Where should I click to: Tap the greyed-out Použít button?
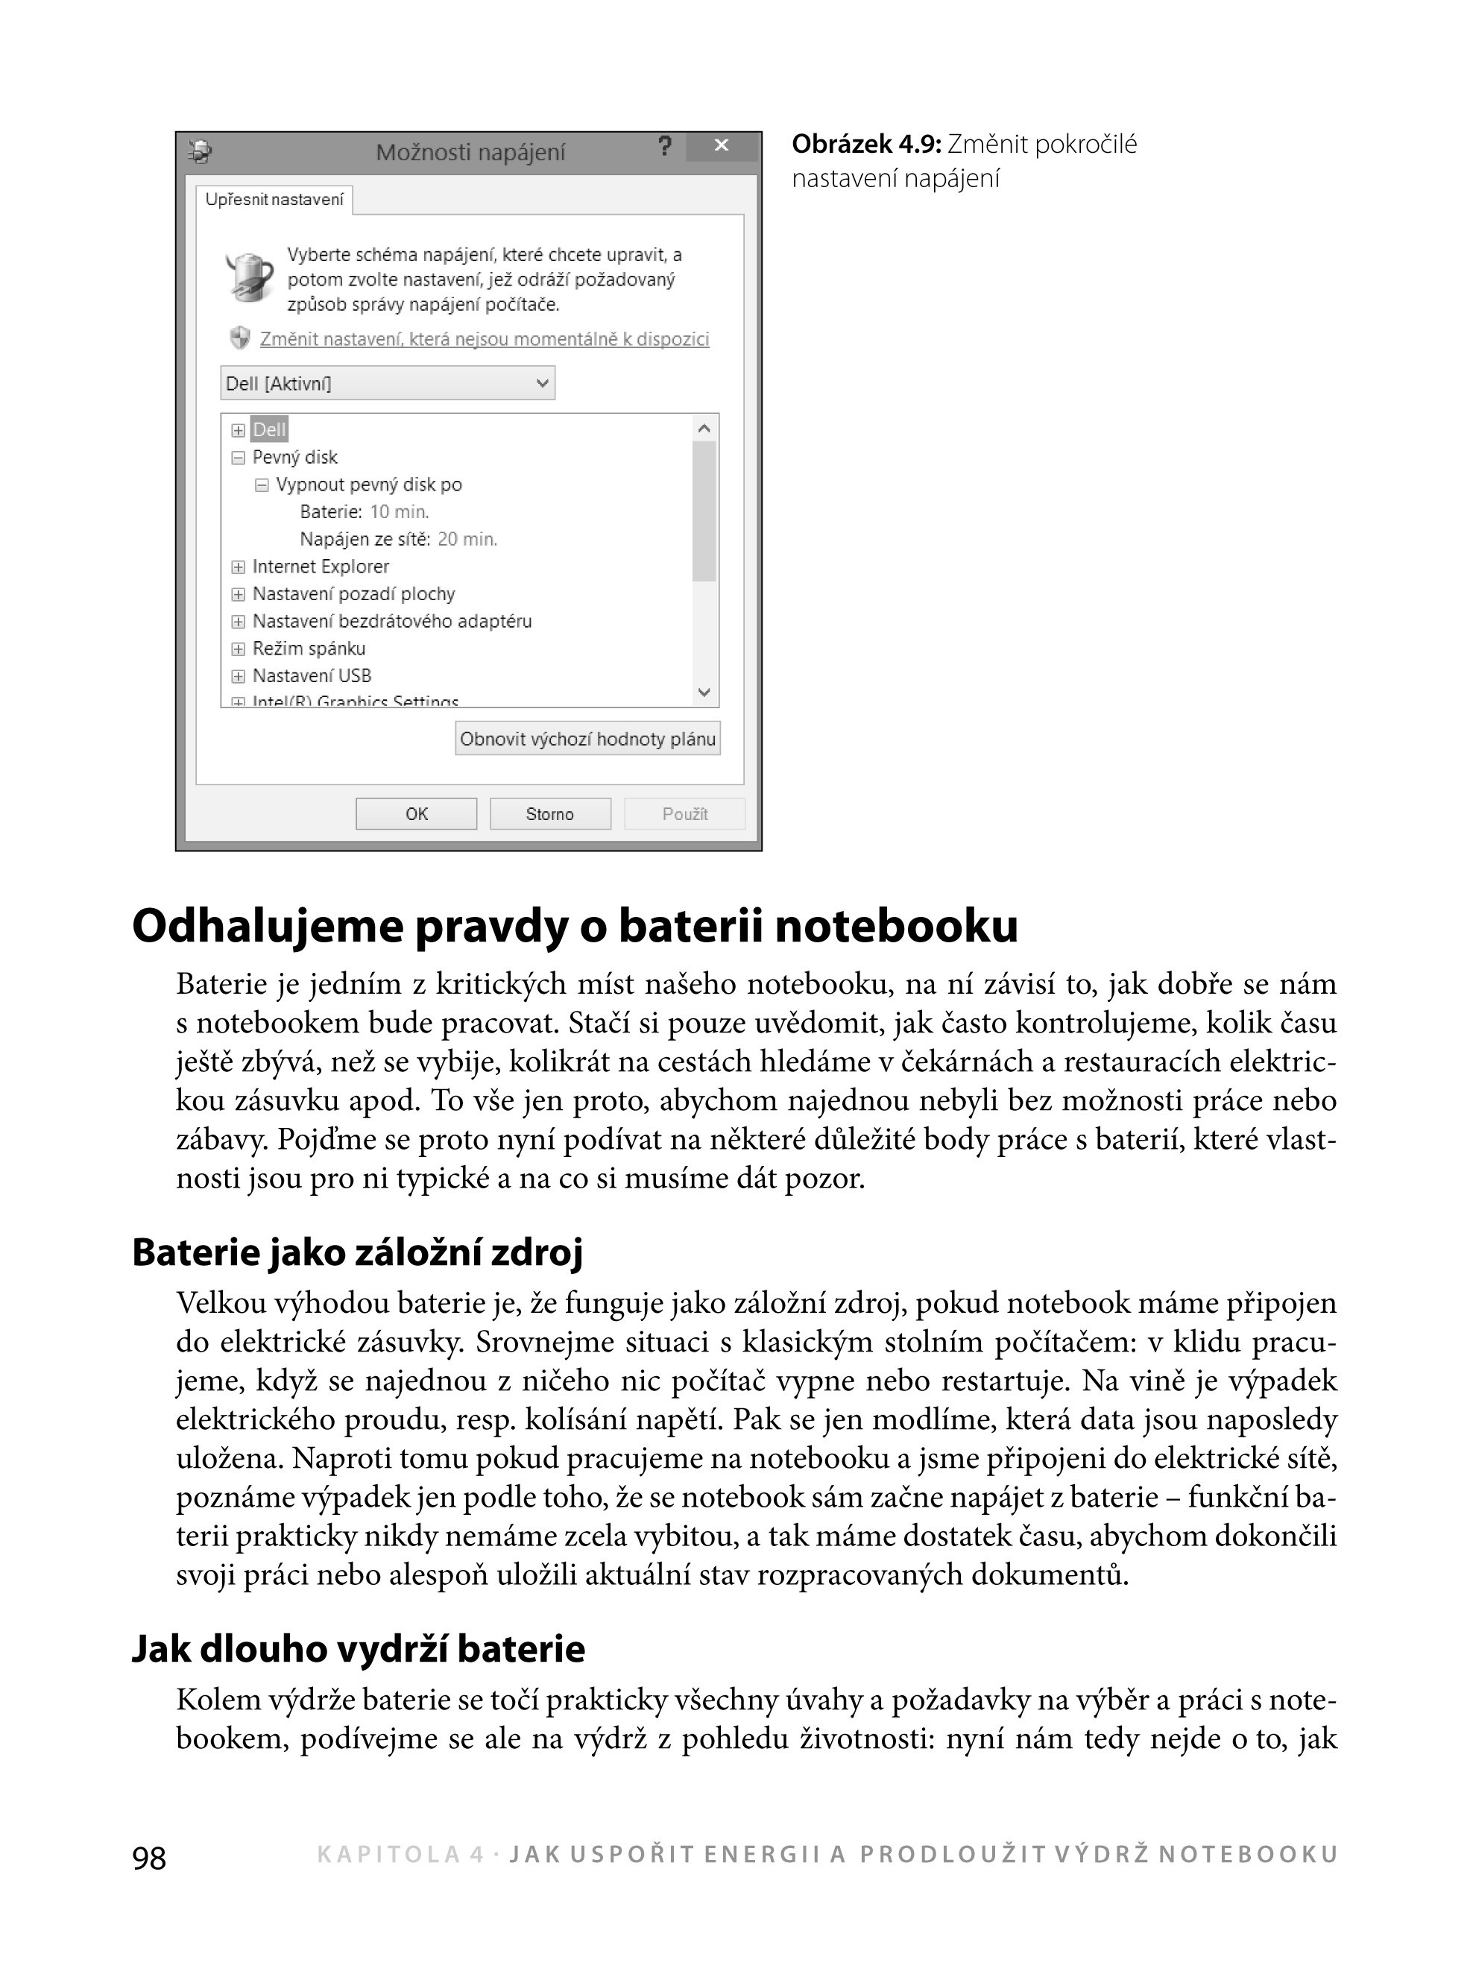[x=684, y=813]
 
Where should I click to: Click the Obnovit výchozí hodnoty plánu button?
[x=587, y=739]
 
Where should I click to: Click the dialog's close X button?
[x=722, y=146]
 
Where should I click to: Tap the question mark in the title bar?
[x=665, y=147]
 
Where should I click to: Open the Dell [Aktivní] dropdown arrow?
[x=542, y=383]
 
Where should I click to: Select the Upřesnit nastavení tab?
[x=274, y=199]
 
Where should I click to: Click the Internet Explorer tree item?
[x=321, y=566]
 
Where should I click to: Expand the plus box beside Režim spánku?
[x=238, y=649]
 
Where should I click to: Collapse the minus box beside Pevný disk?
[x=238, y=458]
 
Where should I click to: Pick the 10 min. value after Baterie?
[x=400, y=511]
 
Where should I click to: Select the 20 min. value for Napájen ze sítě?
[x=467, y=539]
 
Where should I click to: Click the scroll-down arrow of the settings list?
[x=704, y=693]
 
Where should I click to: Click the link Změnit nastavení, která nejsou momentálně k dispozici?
[x=484, y=339]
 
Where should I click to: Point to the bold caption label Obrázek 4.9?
[x=865, y=144]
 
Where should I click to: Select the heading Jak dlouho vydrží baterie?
[x=358, y=1648]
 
